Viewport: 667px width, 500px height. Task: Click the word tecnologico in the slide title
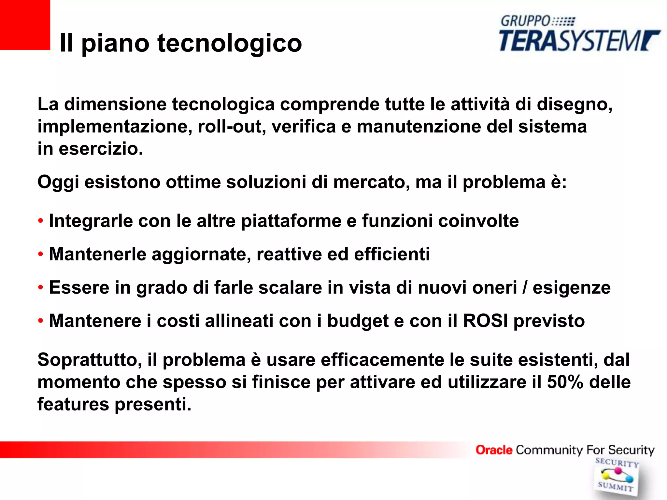point(230,43)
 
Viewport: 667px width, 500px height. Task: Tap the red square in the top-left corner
point(25,25)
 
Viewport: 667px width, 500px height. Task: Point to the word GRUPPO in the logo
point(525,21)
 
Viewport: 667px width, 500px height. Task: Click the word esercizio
point(101,149)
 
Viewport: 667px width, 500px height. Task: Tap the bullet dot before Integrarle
point(40,221)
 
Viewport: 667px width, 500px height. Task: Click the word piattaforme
point(291,221)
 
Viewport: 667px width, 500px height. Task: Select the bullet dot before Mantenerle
point(40,254)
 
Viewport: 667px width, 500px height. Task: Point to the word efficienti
point(392,254)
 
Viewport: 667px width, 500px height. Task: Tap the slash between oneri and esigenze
point(525,288)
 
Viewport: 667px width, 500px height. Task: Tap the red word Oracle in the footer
point(494,450)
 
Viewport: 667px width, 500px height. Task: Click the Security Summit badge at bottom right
point(616,476)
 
